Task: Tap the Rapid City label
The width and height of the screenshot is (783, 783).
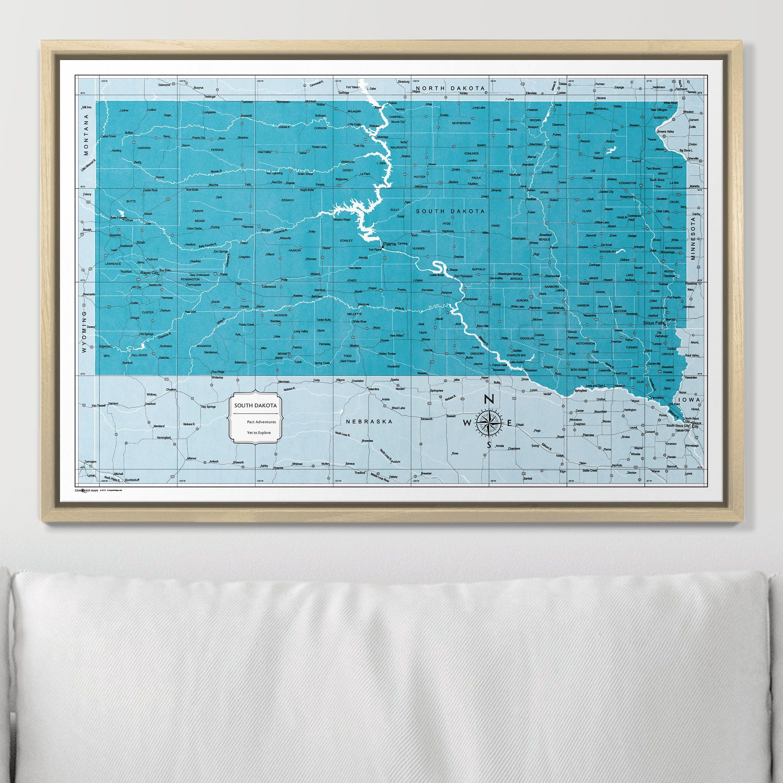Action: tap(148, 273)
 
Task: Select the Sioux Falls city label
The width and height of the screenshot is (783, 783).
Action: tap(654, 323)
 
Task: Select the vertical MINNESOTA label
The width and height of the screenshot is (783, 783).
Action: tap(693, 238)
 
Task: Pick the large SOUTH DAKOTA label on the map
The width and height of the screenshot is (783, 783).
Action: tap(450, 211)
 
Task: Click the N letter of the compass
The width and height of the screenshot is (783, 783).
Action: tap(489, 399)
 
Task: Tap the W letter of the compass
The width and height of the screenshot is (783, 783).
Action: tap(467, 423)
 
